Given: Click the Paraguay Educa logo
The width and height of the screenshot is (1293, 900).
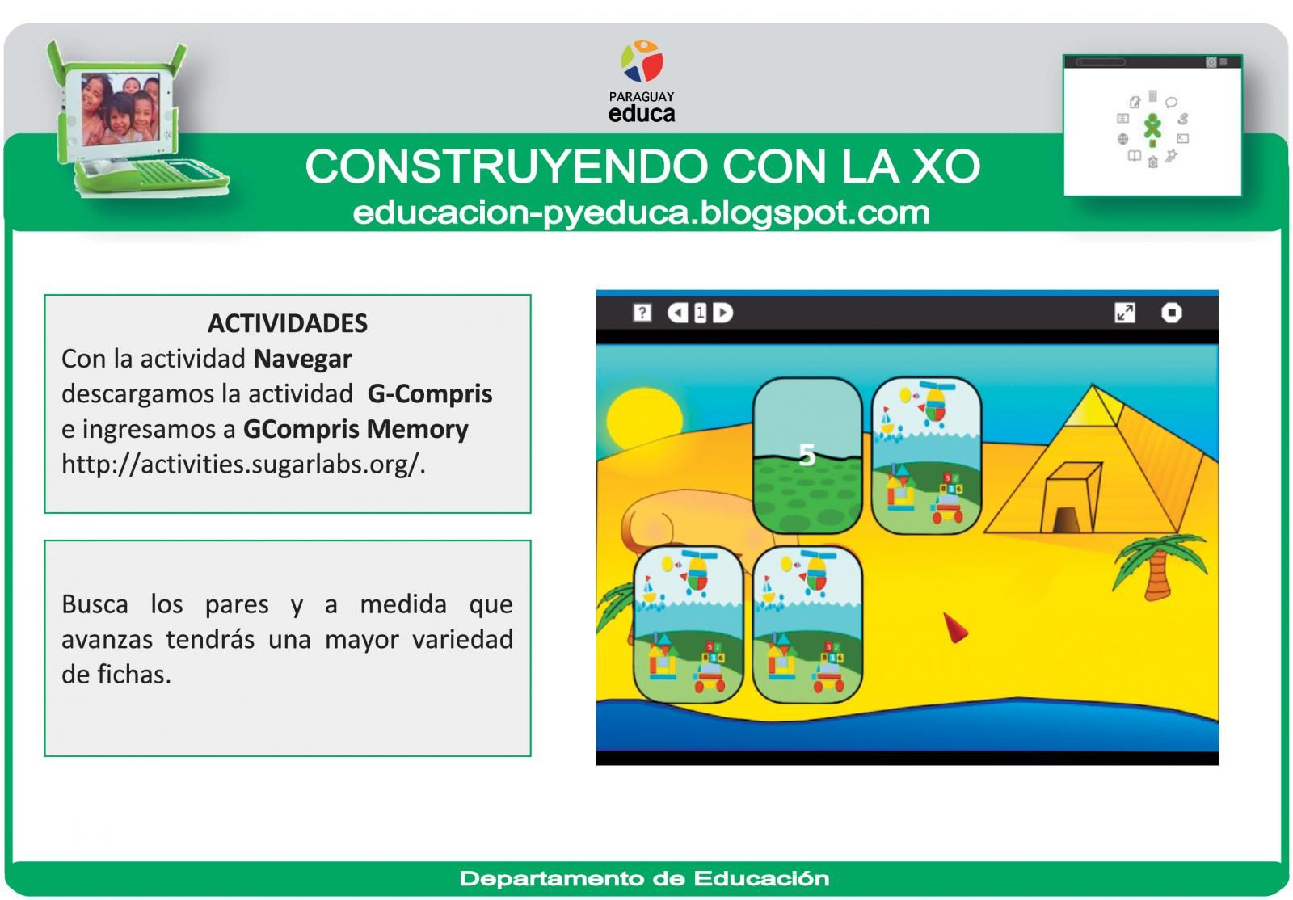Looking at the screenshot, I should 642,82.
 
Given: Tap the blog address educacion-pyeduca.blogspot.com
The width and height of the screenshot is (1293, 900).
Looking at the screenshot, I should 641,212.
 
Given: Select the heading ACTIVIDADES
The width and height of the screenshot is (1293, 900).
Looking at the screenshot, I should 287,323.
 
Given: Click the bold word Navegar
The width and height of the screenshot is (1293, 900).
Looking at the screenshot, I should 302,359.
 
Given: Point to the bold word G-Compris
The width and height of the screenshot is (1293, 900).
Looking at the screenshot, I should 429,394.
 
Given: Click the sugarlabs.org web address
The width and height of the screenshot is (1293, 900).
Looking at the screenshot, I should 242,465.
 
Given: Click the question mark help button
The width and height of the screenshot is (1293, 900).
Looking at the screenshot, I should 642,313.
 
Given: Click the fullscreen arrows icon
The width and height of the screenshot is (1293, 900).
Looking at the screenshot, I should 1124,313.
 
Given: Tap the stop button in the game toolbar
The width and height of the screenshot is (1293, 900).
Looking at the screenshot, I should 1171,313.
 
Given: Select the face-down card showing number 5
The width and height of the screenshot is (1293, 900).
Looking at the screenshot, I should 807,456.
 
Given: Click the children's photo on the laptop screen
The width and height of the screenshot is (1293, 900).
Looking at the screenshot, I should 120,107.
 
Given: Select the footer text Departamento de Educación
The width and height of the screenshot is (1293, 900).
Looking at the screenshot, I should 644,878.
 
